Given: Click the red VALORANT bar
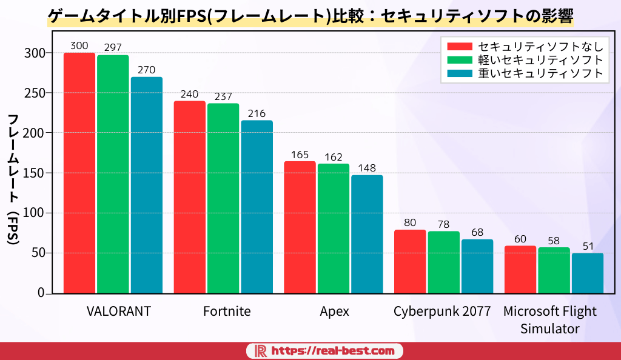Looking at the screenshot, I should click(x=79, y=173).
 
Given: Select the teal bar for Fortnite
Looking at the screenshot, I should click(x=257, y=207).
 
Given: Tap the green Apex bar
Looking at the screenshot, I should click(x=334, y=228).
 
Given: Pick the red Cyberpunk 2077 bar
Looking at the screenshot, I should click(x=410, y=261).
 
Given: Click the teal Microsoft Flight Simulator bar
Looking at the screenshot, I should click(x=587, y=273).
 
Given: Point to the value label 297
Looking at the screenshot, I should click(x=113, y=47).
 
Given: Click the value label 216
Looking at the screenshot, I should click(x=257, y=113).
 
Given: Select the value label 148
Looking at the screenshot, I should click(x=367, y=168).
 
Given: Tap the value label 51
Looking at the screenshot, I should click(x=587, y=246).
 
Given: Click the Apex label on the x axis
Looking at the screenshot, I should click(x=334, y=312).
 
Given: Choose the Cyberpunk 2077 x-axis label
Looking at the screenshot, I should click(x=442, y=312).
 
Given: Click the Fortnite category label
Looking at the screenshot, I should click(x=227, y=312).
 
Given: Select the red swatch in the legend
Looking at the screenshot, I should click(x=459, y=47).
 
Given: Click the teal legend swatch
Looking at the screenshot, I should click(x=459, y=73).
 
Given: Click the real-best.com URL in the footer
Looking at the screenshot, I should click(x=333, y=351).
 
